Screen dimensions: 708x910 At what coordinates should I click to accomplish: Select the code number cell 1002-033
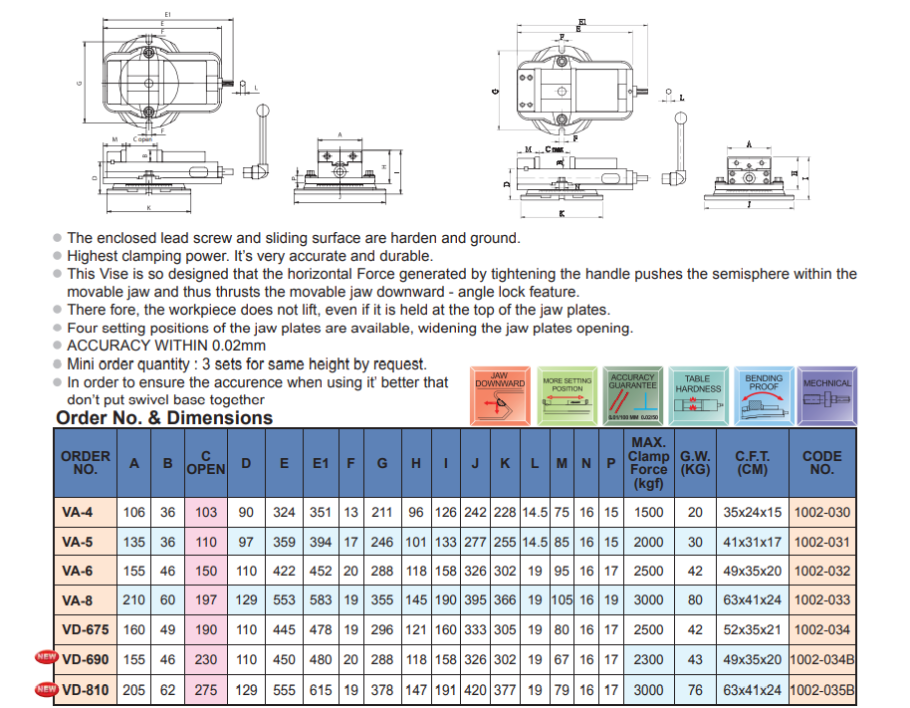tap(822, 600)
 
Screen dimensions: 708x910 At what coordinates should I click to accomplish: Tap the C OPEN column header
tap(206, 462)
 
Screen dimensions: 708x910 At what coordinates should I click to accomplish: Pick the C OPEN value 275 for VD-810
tap(206, 689)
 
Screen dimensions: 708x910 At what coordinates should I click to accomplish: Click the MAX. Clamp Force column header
tap(648, 462)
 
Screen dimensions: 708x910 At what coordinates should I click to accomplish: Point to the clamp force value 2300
tap(648, 659)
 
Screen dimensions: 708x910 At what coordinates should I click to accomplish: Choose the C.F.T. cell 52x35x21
tap(753, 629)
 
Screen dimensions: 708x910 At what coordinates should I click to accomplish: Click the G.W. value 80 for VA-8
tap(695, 600)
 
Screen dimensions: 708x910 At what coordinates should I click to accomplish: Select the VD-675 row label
tap(85, 629)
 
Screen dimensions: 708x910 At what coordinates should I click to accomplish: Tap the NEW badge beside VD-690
tap(45, 657)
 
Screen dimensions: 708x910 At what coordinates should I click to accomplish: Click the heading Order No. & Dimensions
tap(164, 418)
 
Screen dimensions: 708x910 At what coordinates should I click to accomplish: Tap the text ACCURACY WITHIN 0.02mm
tap(166, 346)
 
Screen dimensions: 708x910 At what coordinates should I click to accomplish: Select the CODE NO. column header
tap(822, 462)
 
